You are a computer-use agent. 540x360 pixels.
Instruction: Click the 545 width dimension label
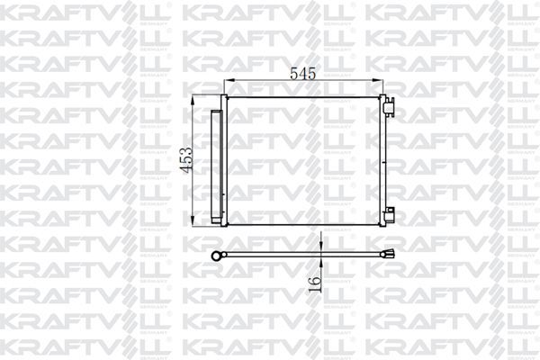click(x=302, y=75)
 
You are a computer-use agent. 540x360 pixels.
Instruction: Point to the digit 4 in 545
click(x=303, y=75)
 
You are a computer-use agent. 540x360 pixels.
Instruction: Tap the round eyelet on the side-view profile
click(x=216, y=255)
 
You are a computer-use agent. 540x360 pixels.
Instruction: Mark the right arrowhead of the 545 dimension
click(x=382, y=84)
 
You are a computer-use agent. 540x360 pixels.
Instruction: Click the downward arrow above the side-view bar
click(x=320, y=246)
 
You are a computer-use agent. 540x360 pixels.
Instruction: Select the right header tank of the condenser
click(x=384, y=160)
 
